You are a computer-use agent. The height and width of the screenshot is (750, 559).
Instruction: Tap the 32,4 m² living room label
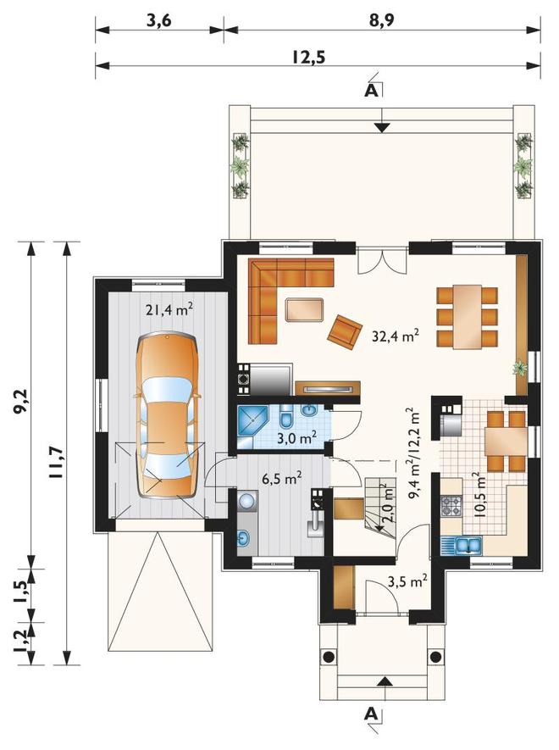396,336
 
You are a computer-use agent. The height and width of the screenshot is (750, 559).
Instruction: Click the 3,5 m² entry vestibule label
407,581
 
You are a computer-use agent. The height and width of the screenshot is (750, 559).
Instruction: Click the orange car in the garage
167,415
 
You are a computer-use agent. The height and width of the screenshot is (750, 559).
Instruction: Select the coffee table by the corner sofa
305,309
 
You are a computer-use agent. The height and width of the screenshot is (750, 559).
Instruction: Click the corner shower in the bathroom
252,421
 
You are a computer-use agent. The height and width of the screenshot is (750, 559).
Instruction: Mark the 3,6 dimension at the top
158,21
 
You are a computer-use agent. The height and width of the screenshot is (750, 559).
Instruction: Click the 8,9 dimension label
381,21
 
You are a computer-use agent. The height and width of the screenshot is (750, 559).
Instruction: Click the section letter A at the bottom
371,714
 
